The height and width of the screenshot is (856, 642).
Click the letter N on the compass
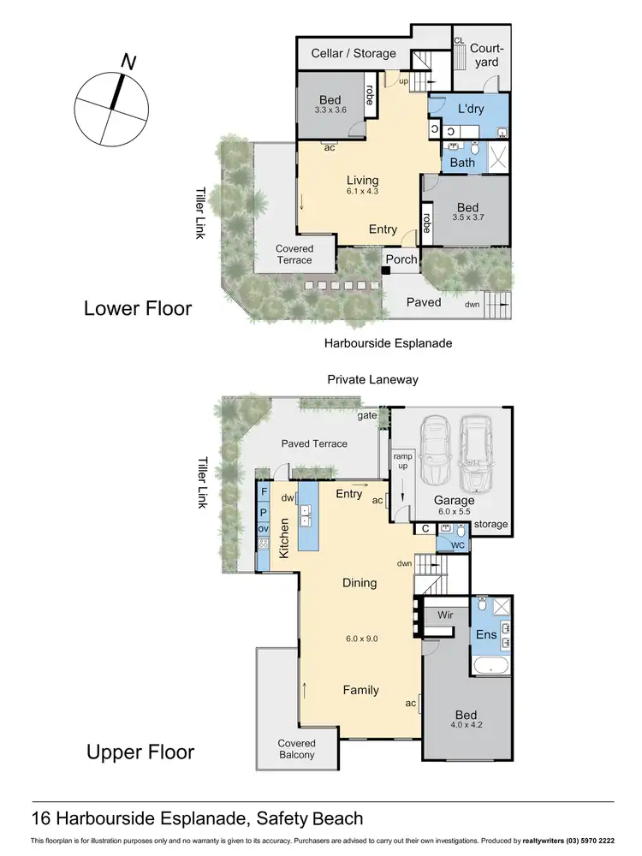click(x=128, y=62)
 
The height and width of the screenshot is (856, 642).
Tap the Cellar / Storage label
click(x=354, y=53)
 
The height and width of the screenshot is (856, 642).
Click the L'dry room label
click(x=472, y=109)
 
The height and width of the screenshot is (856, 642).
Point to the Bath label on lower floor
click(x=462, y=163)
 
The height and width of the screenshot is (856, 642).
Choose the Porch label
click(x=401, y=259)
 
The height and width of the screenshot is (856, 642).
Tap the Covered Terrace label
click(x=294, y=254)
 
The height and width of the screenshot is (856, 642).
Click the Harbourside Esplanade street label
click(x=388, y=343)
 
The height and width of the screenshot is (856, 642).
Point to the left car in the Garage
click(x=438, y=449)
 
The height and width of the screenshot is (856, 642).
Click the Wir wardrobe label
click(x=445, y=615)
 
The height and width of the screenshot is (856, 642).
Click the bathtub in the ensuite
click(x=490, y=663)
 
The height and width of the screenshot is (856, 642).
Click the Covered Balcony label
click(x=296, y=749)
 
